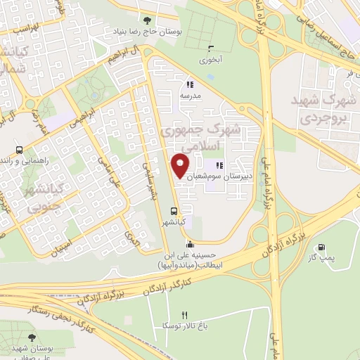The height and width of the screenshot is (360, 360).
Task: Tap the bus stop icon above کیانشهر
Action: [174, 211]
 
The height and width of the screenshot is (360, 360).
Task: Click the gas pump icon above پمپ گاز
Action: [322, 247]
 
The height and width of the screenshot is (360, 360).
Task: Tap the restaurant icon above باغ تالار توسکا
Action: [185, 315]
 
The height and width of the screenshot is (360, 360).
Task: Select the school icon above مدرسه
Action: [190, 85]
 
